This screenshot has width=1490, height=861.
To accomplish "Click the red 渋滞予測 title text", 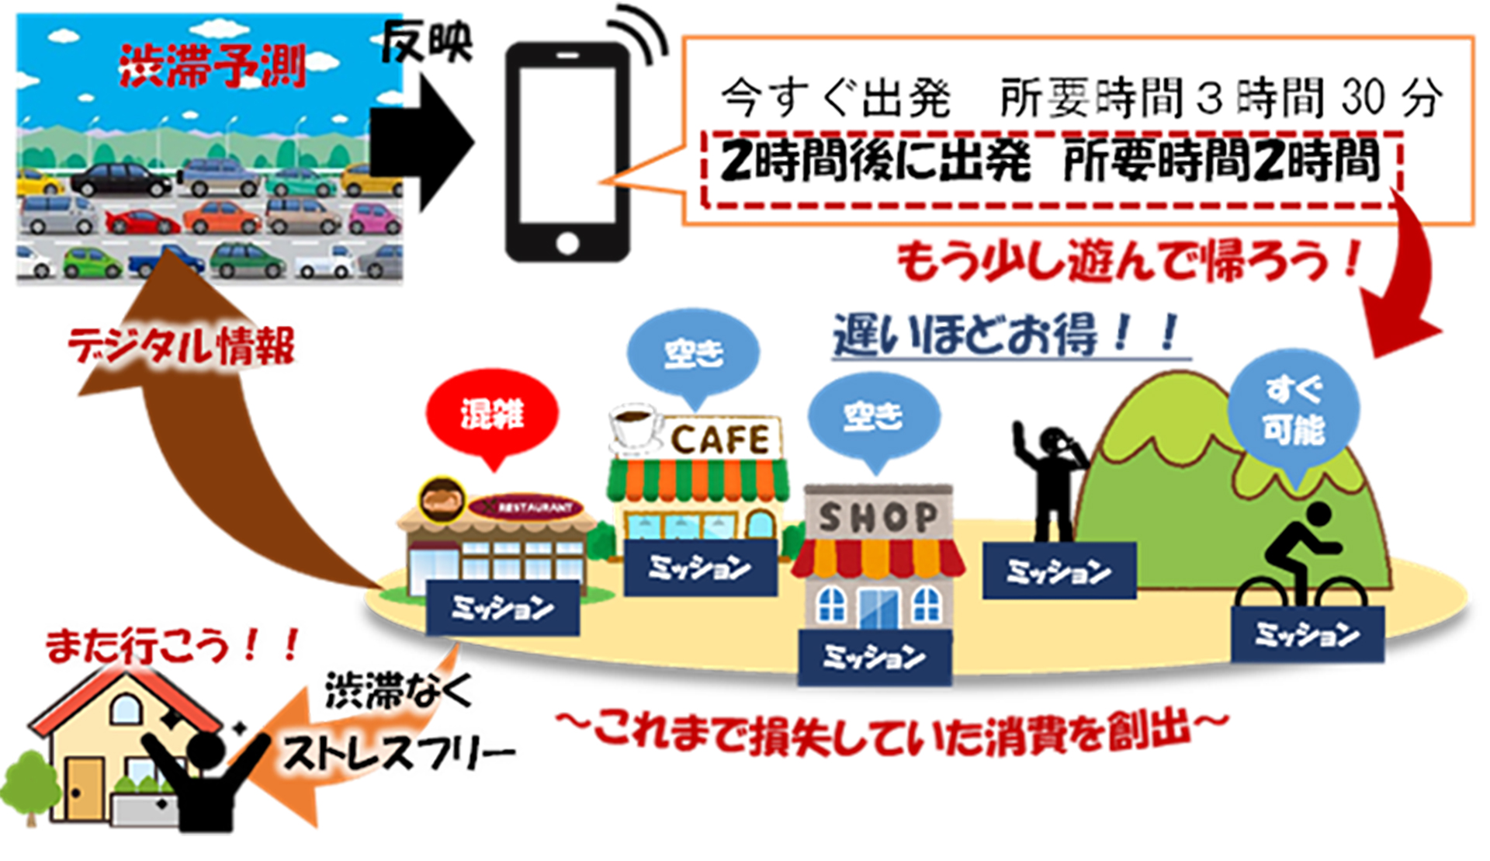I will point(211,65).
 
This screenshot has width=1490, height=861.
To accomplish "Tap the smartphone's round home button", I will point(567,243).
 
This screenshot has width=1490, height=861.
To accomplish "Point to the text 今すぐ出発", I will point(835,99).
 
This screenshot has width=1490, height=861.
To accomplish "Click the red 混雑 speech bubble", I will point(492,415).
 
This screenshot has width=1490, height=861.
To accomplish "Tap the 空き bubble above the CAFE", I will point(693,354).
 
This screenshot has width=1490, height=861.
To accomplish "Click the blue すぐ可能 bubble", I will point(1293,410).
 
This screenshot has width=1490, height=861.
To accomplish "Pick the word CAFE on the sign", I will point(720,440).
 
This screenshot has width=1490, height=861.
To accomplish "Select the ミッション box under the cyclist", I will point(1307,634).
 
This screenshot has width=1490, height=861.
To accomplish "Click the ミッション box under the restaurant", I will point(502,608).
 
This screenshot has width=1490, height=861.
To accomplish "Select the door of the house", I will point(83,788).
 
